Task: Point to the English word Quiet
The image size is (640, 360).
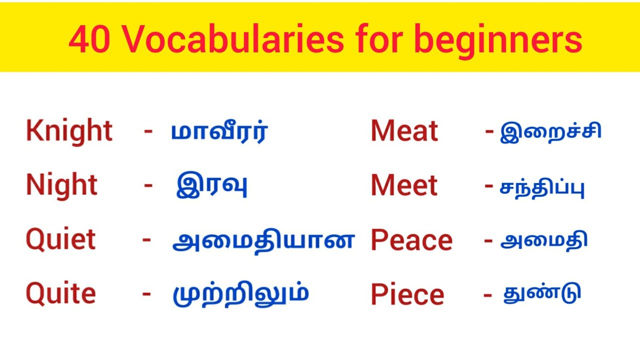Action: pyautogui.click(x=60, y=239)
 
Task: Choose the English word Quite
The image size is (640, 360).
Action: pyautogui.click(x=60, y=293)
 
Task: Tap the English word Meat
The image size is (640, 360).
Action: pyautogui.click(x=404, y=131)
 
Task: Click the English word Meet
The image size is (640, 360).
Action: pyautogui.click(x=404, y=185)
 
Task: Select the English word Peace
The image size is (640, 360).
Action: pyautogui.click(x=411, y=240)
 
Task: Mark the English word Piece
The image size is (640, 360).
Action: pyautogui.click(x=407, y=294)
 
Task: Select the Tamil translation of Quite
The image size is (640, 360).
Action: pyautogui.click(x=240, y=295)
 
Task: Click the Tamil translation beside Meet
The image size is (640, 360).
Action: pyautogui.click(x=542, y=187)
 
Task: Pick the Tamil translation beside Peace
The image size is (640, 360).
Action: pyautogui.click(x=543, y=241)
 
